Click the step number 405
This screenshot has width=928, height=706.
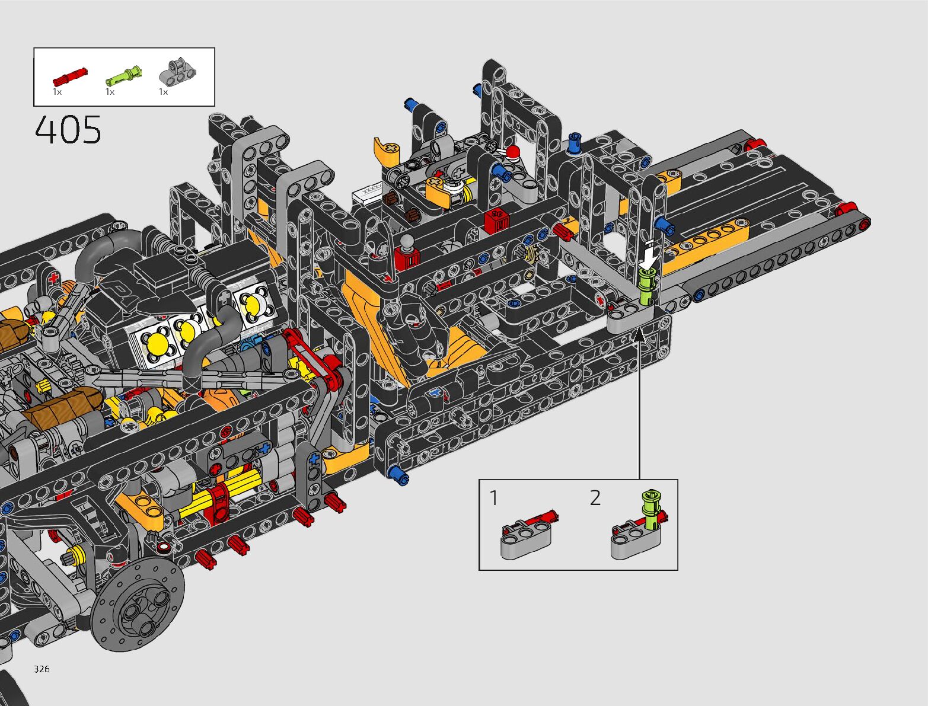(x=68, y=129)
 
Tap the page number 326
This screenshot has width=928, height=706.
(x=42, y=669)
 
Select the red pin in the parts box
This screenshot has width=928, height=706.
(x=70, y=76)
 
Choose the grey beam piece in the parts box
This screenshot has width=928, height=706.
(x=177, y=71)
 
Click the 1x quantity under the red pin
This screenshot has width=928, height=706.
(x=57, y=92)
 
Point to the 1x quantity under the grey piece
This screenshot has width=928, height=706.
(x=163, y=92)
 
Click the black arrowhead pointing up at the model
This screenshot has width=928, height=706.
(x=639, y=334)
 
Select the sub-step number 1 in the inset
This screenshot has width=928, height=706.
(x=494, y=498)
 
